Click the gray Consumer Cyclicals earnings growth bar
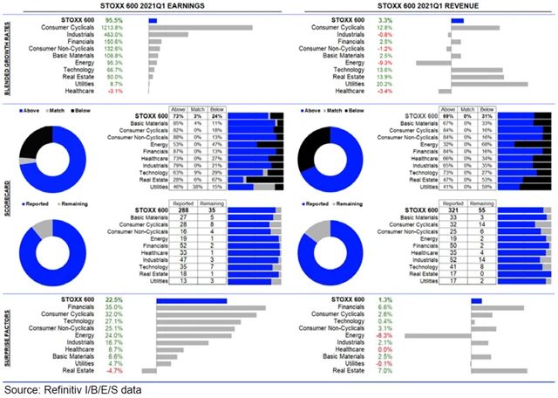(200, 27)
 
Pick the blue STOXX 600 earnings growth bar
(153, 19)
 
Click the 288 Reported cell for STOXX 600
(183, 211)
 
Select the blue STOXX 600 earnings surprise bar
(191, 301)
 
